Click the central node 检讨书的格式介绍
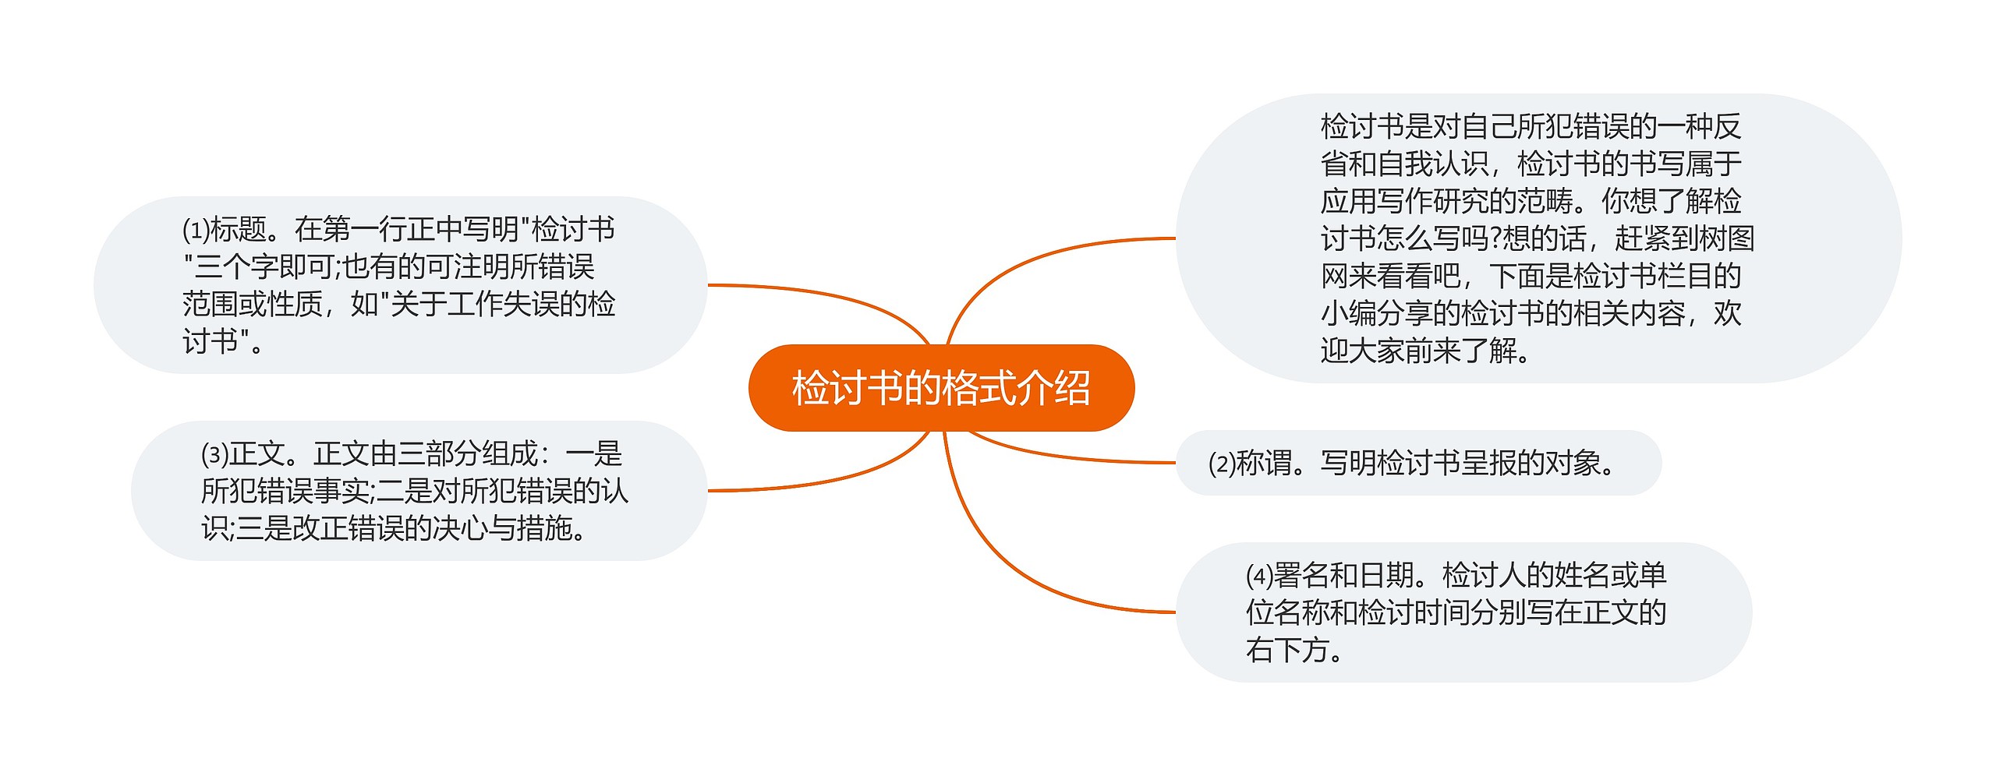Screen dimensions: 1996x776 941,388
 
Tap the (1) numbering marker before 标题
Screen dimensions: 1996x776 196,230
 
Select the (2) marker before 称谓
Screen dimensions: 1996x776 1222,464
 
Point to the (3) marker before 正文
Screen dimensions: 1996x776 214,453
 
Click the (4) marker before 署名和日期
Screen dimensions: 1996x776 1259,576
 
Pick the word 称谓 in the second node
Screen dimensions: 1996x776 1265,464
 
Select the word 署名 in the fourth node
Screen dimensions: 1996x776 1301,576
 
